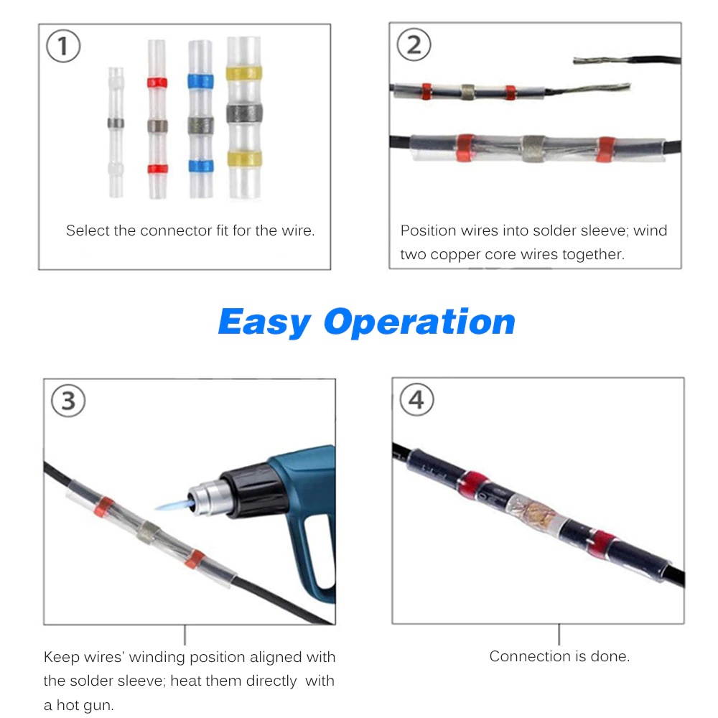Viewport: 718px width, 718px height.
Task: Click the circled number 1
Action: click(x=63, y=47)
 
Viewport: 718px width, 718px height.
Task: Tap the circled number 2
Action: click(x=414, y=45)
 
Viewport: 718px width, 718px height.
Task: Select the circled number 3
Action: click(x=67, y=401)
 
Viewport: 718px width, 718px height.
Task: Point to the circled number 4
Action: click(x=416, y=400)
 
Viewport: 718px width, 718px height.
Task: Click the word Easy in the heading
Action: click(x=264, y=322)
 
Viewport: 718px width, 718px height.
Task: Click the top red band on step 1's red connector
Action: click(x=157, y=83)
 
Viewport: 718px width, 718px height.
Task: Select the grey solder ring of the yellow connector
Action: click(x=244, y=113)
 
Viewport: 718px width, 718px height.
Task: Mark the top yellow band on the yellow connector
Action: click(x=244, y=73)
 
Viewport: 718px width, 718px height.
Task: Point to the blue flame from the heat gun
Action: click(x=169, y=505)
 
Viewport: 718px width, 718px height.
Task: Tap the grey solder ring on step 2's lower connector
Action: click(x=533, y=148)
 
